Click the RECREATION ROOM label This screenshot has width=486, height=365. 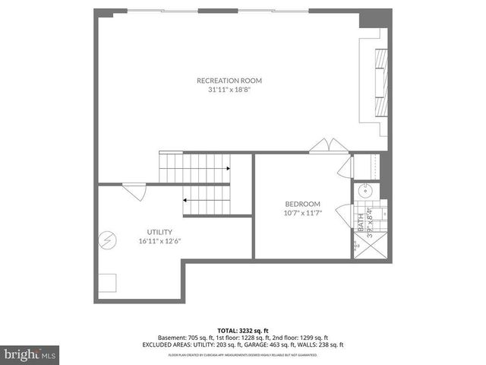(x=229, y=80)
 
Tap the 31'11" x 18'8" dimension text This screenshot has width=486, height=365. (x=229, y=90)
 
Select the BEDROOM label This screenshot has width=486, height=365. (x=303, y=204)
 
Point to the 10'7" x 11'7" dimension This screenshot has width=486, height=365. (x=303, y=214)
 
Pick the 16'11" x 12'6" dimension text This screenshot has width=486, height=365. (x=159, y=242)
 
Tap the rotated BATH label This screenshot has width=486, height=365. (x=361, y=221)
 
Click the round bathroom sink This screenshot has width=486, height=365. (x=364, y=190)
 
